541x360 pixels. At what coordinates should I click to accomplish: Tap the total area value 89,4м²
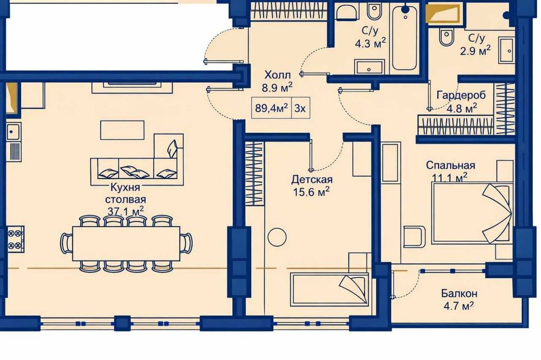point(271,108)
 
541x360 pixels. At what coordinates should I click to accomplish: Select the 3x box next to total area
point(300,108)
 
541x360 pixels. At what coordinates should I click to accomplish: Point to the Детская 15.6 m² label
point(311,185)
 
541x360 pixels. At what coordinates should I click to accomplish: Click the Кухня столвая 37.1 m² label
point(126,198)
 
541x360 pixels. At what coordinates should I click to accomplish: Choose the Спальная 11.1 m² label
point(450,170)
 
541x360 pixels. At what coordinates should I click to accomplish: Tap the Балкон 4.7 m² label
point(458,299)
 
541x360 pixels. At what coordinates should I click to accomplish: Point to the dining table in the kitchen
point(126,243)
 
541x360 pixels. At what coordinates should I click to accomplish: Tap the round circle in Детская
point(278,236)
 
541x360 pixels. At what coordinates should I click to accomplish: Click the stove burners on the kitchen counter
point(16,238)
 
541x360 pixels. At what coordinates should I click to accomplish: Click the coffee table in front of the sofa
point(122,130)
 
